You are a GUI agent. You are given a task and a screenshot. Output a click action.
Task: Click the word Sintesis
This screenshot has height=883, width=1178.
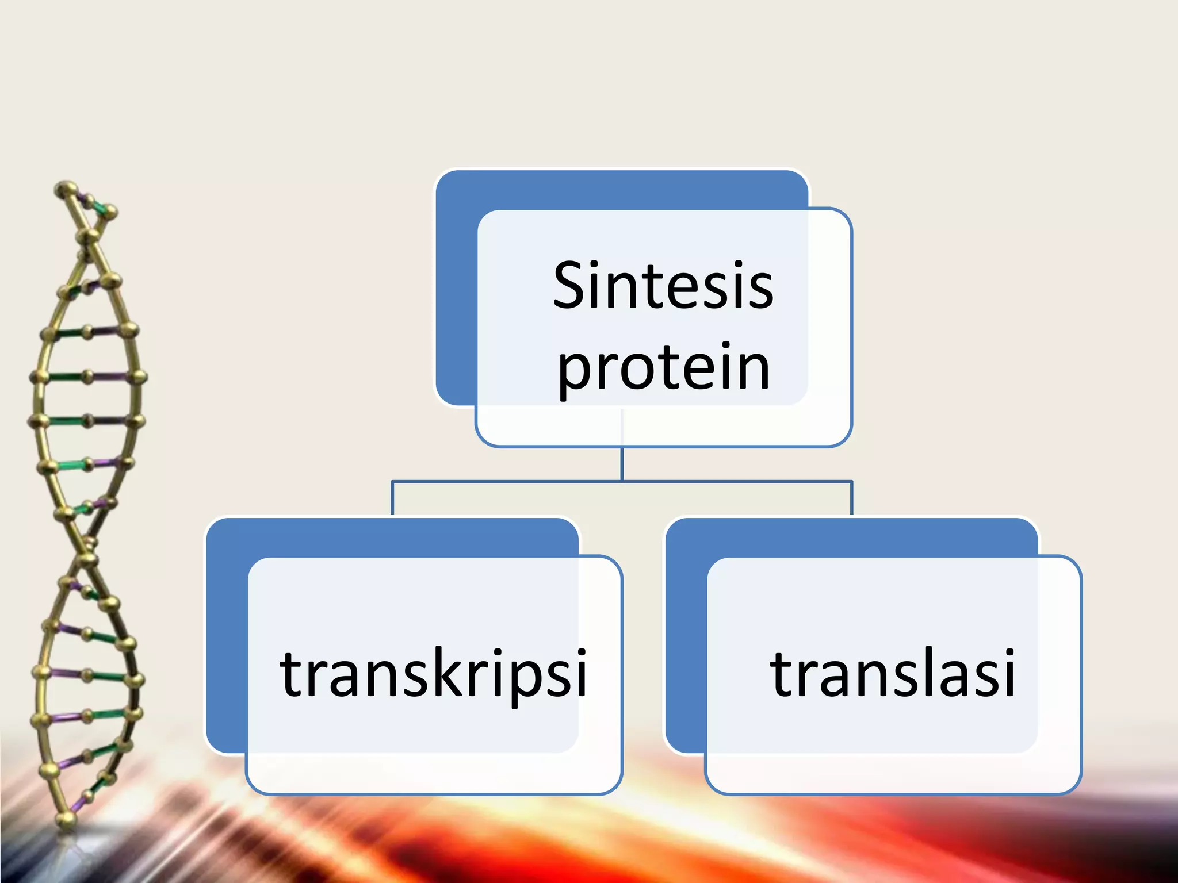[663, 286]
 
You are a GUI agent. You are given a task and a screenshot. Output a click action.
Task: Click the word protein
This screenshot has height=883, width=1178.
[663, 368]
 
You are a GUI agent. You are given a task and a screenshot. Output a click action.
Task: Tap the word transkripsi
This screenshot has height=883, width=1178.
[433, 673]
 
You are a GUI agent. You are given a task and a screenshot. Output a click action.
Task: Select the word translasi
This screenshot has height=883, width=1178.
[892, 673]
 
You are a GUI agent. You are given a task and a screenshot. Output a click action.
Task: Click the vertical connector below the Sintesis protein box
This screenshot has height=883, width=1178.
[622, 463]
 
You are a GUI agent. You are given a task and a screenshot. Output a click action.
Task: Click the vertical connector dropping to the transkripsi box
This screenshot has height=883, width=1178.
[392, 498]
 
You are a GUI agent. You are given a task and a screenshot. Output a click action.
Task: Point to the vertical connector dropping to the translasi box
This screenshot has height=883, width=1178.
[851, 498]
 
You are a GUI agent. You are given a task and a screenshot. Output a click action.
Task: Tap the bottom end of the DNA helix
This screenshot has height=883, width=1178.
[66, 819]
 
